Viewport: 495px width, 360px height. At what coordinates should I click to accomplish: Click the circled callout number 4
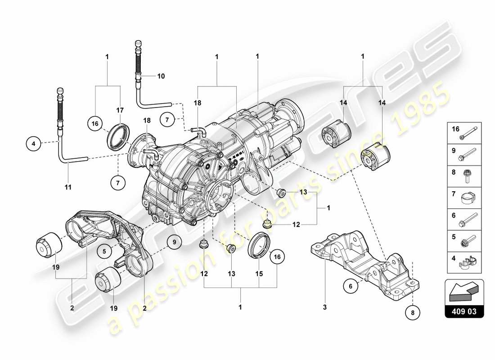point(33,144)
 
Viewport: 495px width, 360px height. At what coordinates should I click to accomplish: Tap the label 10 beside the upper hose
point(161,76)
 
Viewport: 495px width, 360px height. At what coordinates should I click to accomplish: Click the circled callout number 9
point(174,243)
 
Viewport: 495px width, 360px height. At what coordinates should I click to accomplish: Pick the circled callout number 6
point(351,284)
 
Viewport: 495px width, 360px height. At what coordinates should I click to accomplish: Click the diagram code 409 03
point(464,311)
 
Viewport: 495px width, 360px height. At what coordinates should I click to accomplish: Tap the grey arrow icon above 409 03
point(464,291)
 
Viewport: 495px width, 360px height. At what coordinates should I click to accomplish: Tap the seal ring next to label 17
point(119,136)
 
